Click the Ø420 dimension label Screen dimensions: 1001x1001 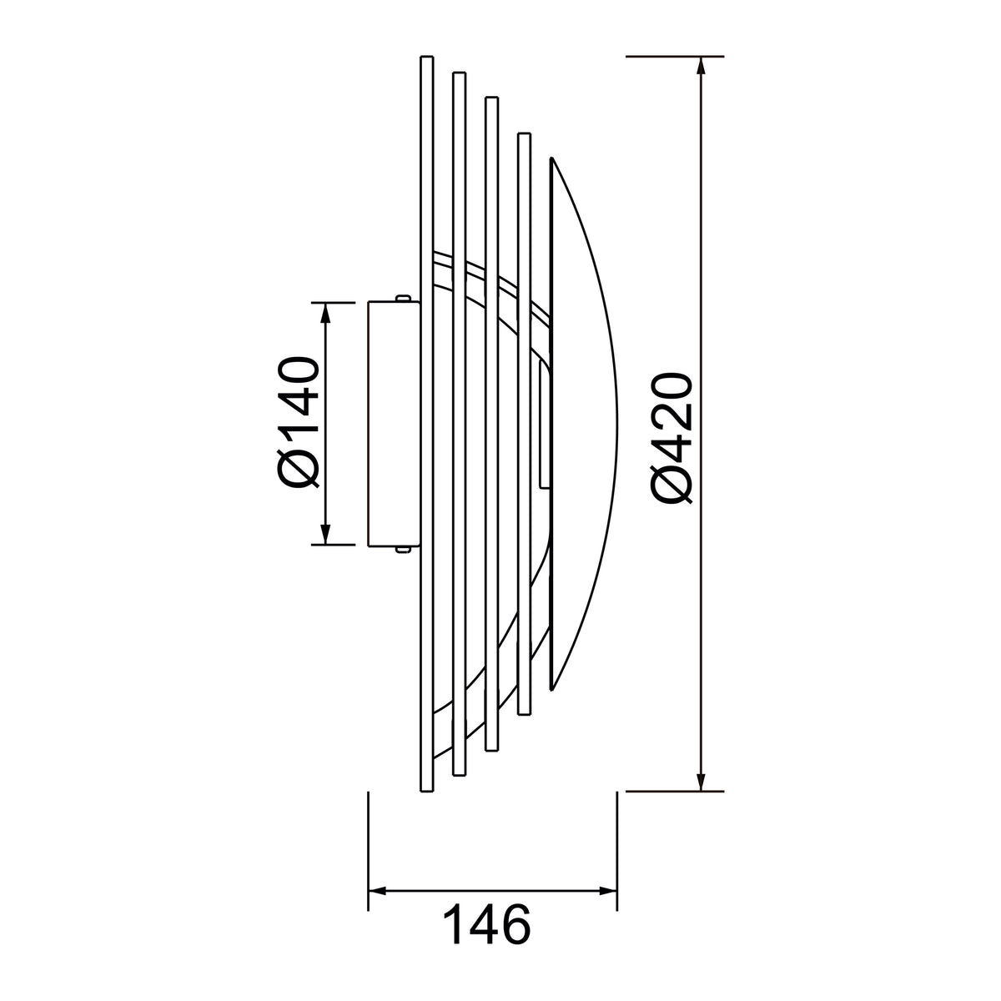coord(672,439)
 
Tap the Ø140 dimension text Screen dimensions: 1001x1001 coord(299,422)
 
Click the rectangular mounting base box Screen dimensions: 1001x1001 coord(393,424)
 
